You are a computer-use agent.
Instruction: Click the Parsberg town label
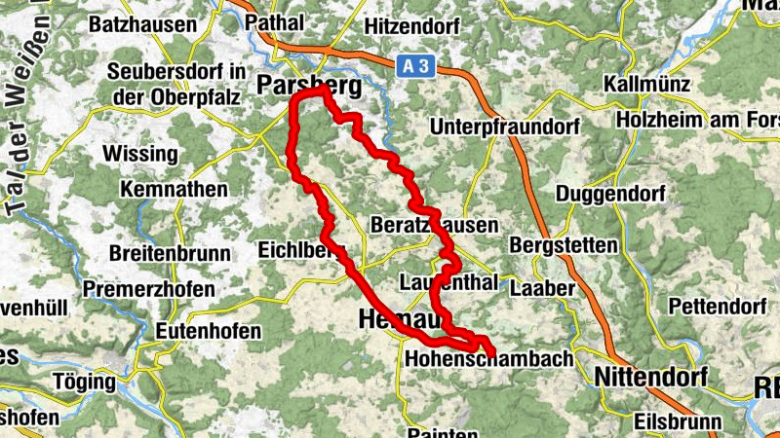point(308,87)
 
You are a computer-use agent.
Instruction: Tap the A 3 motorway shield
point(414,65)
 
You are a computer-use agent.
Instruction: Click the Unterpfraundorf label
point(504,127)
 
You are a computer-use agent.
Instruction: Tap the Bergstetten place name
point(564,244)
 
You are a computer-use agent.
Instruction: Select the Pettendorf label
point(717,307)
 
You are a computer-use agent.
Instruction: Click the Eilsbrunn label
point(678,422)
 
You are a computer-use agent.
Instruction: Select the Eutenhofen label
point(209,331)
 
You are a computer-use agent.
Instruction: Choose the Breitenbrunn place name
point(171,253)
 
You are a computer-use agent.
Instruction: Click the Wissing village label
point(140,154)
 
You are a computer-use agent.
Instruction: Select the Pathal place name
point(276,20)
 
